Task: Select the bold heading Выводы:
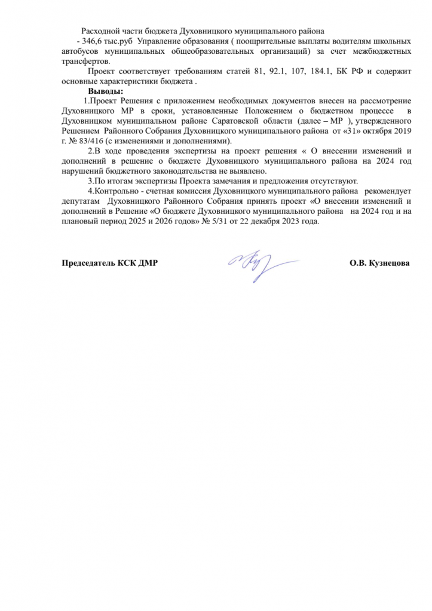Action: coord(105,91)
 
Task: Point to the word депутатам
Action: coord(78,201)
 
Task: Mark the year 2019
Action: coord(402,131)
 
